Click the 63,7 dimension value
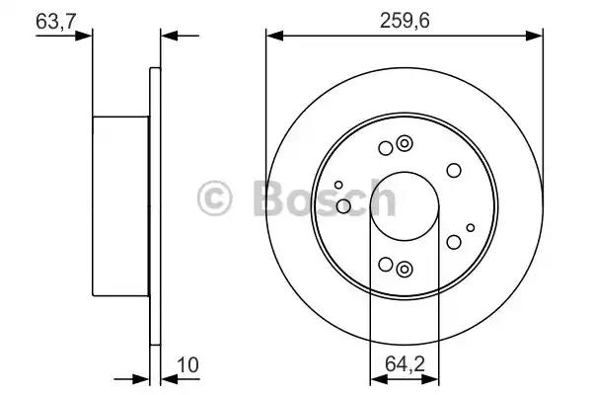[56, 21]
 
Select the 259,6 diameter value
[405, 21]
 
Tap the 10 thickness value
[187, 364]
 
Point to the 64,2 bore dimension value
[405, 364]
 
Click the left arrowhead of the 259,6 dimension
[274, 36]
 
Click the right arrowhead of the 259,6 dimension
[534, 36]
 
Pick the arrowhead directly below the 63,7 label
[84, 36]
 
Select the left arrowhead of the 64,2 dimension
[379, 379]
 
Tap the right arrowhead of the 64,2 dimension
[430, 379]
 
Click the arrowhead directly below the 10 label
[169, 379]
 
